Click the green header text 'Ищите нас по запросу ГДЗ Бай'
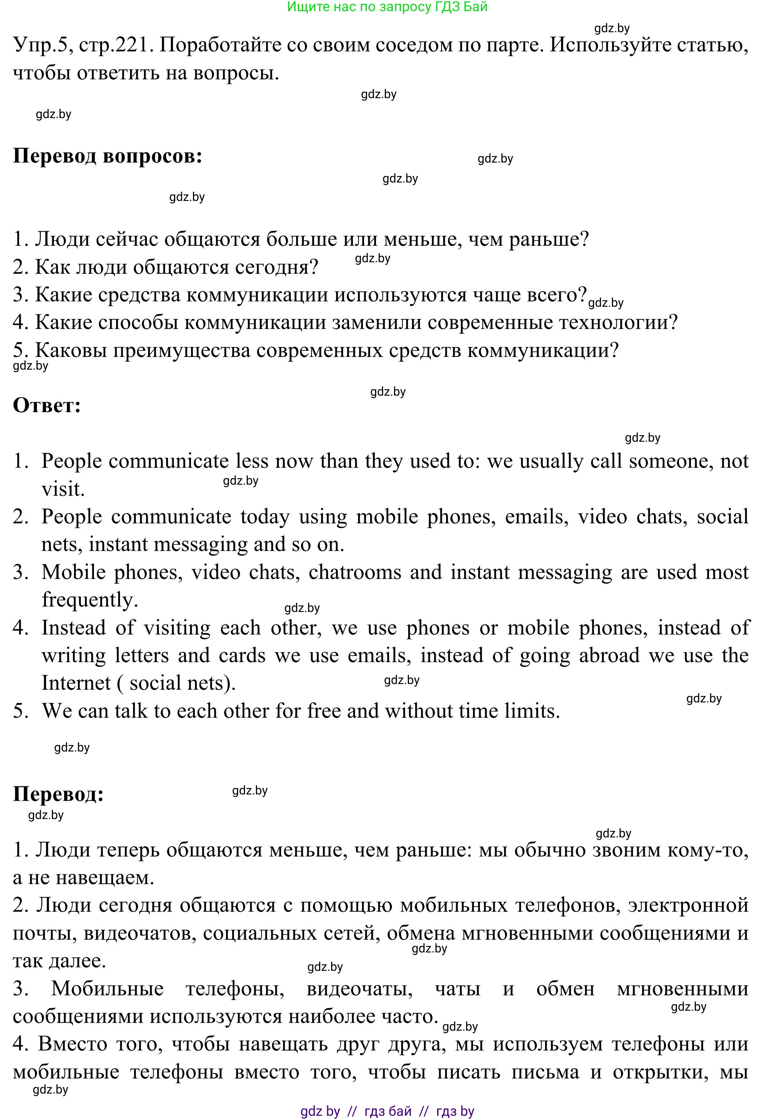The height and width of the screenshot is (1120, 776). pyautogui.click(x=387, y=7)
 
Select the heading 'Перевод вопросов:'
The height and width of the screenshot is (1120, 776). pyautogui.click(x=107, y=156)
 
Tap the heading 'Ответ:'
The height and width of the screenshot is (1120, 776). pyautogui.click(x=47, y=405)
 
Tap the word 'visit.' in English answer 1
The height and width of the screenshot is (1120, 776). pyautogui.click(x=63, y=489)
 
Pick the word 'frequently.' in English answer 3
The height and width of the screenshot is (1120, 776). pyautogui.click(x=90, y=600)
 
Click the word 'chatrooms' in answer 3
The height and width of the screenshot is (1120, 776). pyautogui.click(x=355, y=572)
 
